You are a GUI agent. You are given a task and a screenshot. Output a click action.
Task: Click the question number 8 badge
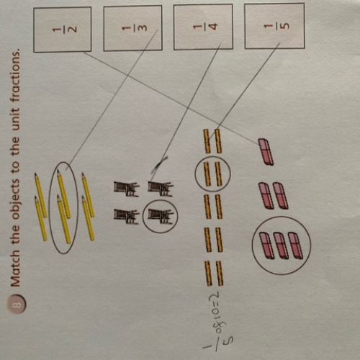pyautogui.click(x=17, y=305)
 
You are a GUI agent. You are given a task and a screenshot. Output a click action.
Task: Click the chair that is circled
pyautogui.click(x=160, y=217)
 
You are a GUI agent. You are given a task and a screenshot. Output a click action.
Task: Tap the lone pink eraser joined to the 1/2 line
pyautogui.click(x=266, y=151)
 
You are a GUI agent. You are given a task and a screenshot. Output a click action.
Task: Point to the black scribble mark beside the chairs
pyautogui.click(x=159, y=165)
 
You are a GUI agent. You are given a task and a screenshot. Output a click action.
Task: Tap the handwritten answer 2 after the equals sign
pyautogui.click(x=215, y=294)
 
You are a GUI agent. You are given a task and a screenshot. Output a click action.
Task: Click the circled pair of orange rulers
pyautogui.click(x=212, y=174)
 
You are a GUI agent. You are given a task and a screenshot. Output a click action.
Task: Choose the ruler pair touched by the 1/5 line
pyautogui.click(x=212, y=141)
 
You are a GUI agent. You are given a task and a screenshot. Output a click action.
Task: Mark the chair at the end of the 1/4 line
pyautogui.click(x=160, y=189)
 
